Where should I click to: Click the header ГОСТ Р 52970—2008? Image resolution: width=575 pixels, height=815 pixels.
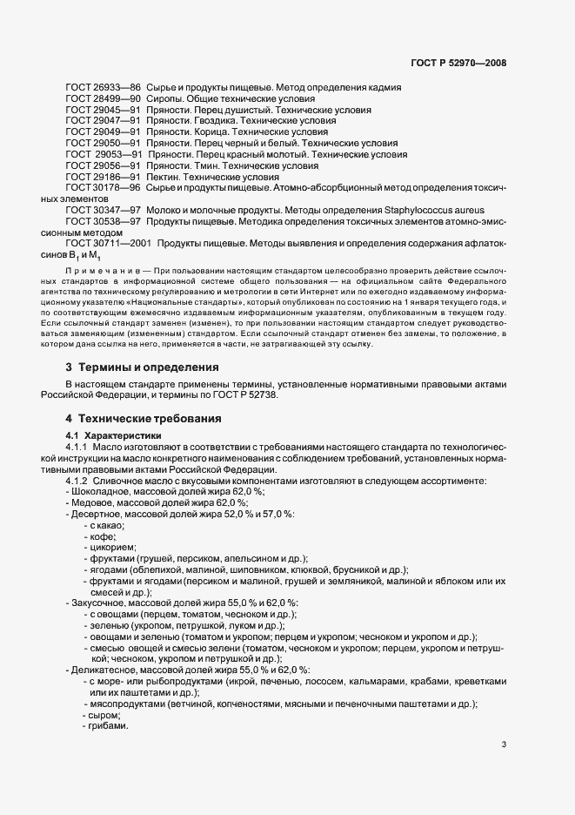458,63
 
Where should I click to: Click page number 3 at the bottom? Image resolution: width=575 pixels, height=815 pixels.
504,744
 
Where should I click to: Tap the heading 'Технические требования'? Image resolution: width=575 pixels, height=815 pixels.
149,418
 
